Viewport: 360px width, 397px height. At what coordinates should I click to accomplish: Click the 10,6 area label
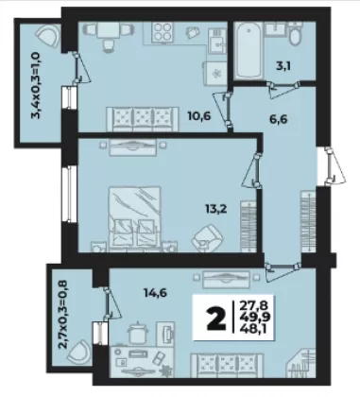(x=199, y=116)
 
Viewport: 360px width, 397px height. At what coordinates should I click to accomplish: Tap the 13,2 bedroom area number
(x=216, y=209)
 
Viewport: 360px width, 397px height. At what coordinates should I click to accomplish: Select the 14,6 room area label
(x=155, y=293)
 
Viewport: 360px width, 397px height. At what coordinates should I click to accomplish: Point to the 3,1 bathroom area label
(x=283, y=66)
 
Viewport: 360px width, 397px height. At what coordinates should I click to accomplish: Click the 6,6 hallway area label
(x=279, y=119)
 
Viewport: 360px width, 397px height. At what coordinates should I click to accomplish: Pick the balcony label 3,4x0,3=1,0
(x=36, y=85)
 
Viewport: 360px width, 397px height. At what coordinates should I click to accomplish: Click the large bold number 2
(x=216, y=319)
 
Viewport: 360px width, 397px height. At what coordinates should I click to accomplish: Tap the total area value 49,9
(x=253, y=318)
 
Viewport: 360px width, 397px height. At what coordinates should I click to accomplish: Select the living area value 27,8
(x=253, y=305)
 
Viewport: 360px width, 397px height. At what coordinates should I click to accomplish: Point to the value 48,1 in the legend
(x=253, y=329)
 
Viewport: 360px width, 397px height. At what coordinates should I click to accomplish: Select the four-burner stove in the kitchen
(x=163, y=32)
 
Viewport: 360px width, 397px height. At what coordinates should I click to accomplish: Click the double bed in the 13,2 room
(x=135, y=218)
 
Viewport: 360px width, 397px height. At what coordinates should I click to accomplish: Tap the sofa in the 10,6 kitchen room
(x=143, y=119)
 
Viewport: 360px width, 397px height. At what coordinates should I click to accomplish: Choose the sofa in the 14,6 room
(x=227, y=365)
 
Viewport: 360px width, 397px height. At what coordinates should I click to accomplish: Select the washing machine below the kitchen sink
(x=215, y=73)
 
